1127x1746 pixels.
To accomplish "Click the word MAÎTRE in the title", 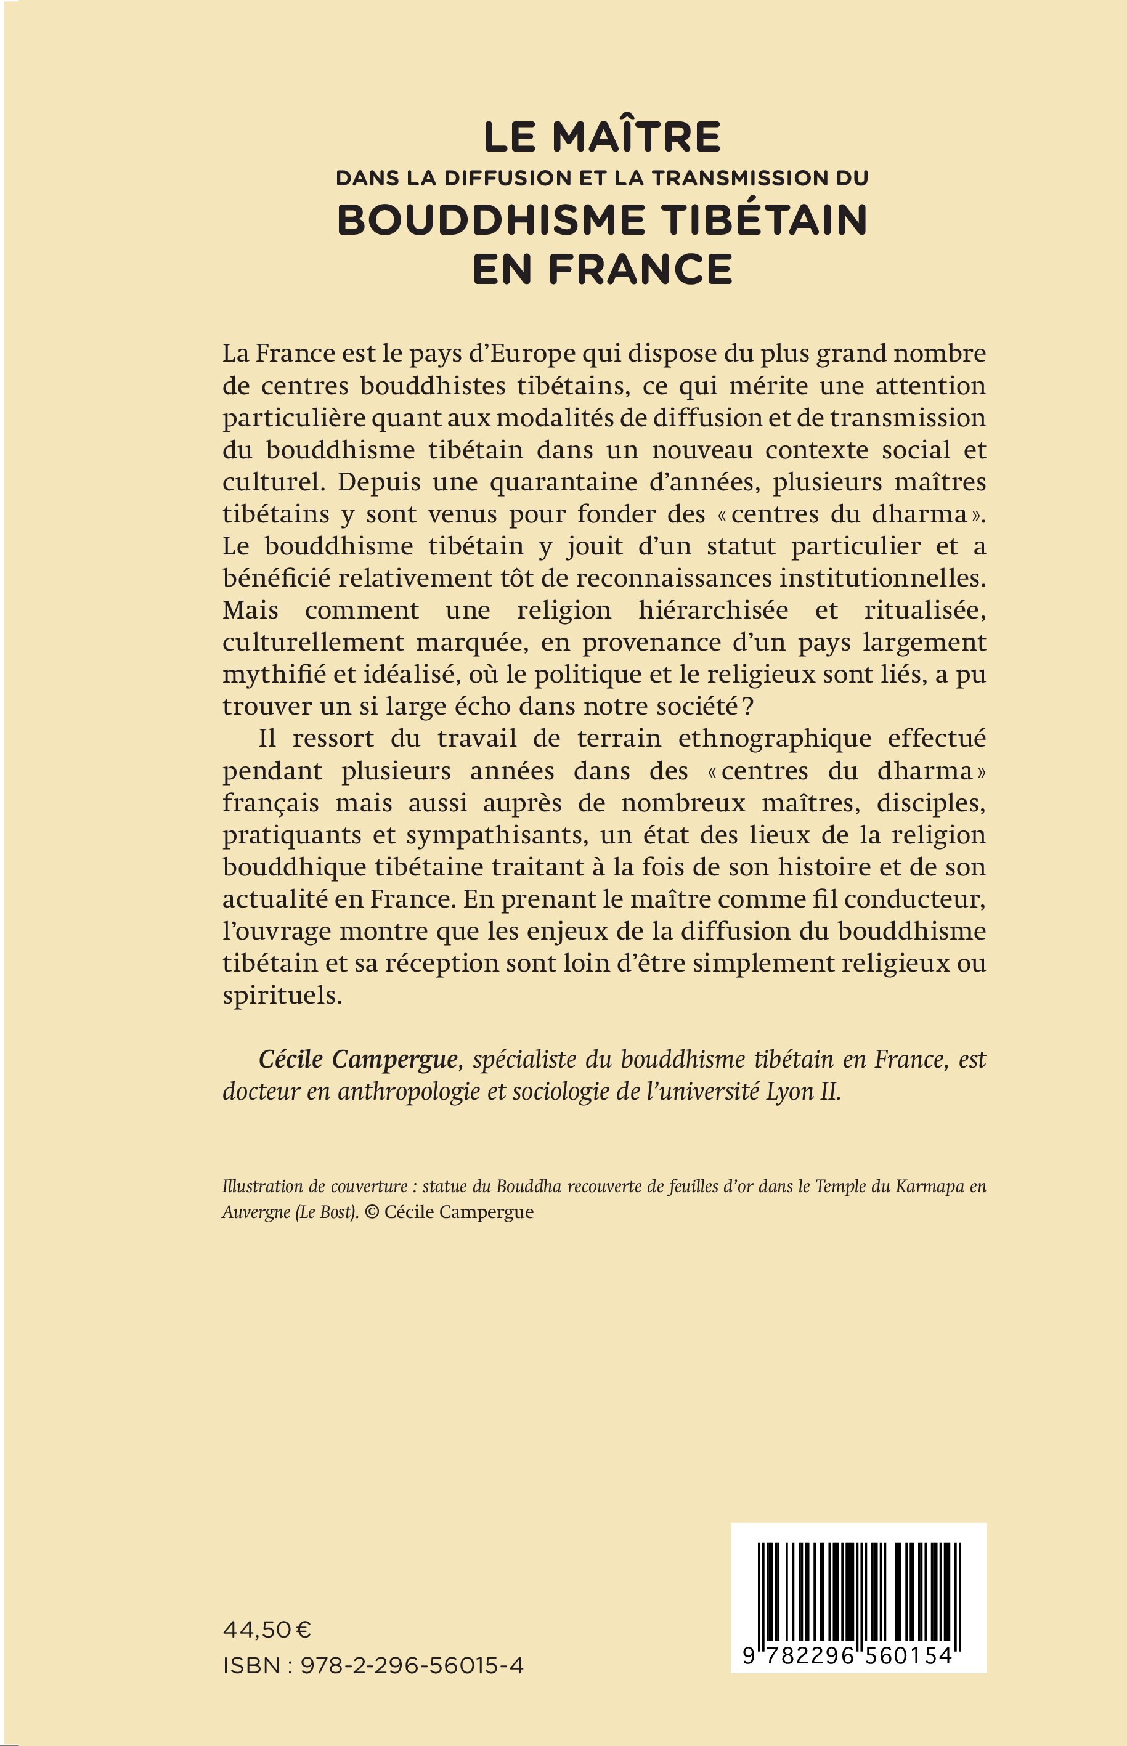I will tap(637, 137).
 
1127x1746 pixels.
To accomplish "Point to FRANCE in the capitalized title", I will tap(640, 269).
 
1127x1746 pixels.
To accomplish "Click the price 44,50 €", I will tap(267, 1630).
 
